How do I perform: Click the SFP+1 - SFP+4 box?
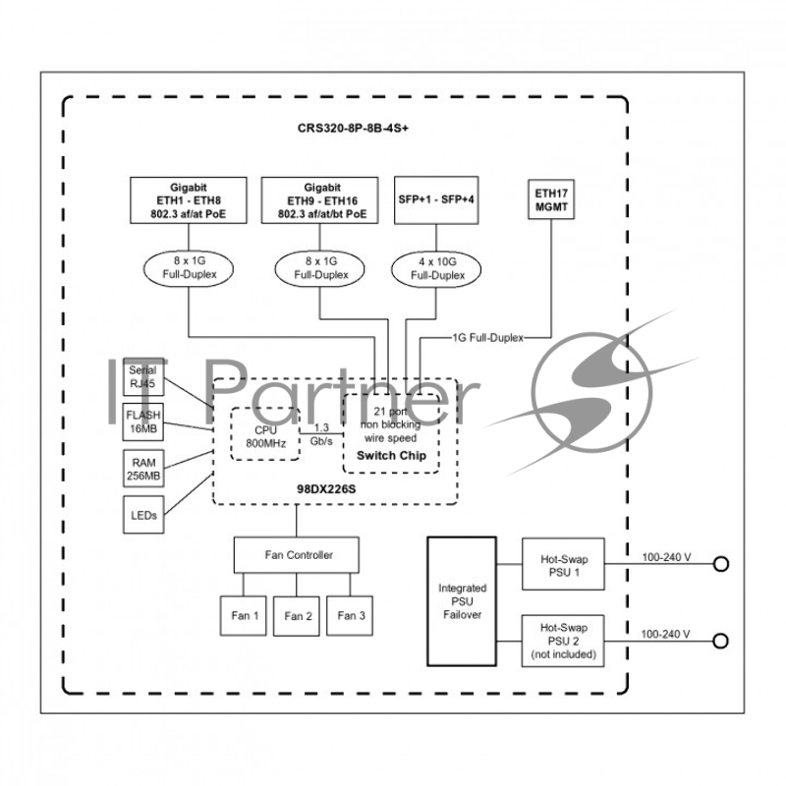point(435,201)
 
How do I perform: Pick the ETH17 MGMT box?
point(550,202)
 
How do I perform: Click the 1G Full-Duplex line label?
point(487,337)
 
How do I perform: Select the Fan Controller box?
point(297,555)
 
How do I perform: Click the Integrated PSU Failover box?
point(462,601)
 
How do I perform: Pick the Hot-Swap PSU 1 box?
point(562,564)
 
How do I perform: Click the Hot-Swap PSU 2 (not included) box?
point(562,640)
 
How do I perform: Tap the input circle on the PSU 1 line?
point(721,564)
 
